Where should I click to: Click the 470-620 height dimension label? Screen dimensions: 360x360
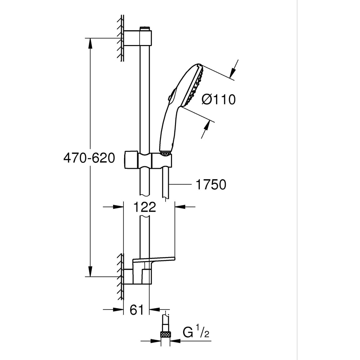(x=89, y=158)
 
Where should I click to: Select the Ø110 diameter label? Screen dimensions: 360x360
(x=219, y=99)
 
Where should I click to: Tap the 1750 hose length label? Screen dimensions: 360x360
(x=211, y=184)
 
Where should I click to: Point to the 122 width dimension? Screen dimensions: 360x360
(x=144, y=207)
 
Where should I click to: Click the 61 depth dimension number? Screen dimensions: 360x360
(x=136, y=309)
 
